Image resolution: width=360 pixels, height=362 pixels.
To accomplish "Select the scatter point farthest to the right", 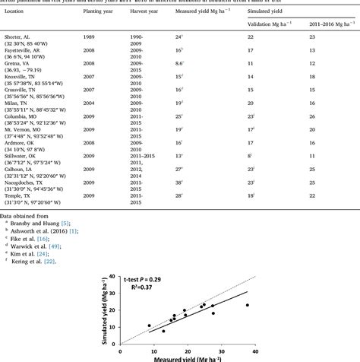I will coord(247,305).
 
